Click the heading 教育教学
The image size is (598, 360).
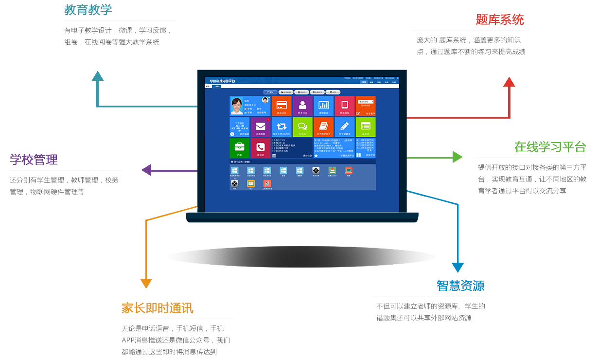pos(88,10)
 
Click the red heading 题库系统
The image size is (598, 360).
pos(499,20)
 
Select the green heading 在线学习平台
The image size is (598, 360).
pos(550,147)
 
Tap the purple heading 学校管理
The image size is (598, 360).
pos(34,160)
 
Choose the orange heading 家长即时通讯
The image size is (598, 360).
pos(157,308)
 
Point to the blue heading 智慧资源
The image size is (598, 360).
pos(460,286)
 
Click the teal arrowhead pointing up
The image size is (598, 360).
pos(98,76)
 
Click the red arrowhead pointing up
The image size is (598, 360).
pos(509,82)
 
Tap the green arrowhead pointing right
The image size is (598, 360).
pos(457,157)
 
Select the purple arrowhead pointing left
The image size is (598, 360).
pos(146,170)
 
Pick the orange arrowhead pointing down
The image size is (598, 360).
pos(146,283)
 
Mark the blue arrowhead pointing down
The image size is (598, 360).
pos(457,267)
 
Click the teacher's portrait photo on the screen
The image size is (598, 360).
pos(237,106)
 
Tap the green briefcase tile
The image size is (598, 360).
pos(239,147)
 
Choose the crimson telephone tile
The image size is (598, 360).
pos(260,147)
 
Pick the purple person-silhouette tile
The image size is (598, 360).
pos(302,106)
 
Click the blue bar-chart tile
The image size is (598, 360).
pos(323,106)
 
